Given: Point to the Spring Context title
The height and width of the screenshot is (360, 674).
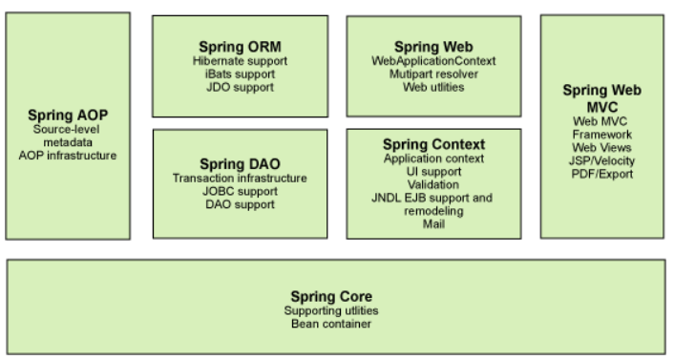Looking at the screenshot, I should (x=433, y=144).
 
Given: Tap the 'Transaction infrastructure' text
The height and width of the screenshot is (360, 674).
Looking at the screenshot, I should (x=240, y=178).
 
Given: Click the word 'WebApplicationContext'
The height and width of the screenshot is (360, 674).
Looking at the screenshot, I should (x=433, y=60).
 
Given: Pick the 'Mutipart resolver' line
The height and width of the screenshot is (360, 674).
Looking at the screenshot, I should (x=433, y=74).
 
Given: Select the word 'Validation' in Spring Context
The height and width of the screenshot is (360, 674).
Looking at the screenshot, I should (x=433, y=184).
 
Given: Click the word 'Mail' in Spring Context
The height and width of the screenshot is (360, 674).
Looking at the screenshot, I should (x=433, y=224).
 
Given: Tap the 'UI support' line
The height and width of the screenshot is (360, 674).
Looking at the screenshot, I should (x=433, y=171).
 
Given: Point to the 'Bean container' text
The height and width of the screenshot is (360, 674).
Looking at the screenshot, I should (x=338, y=322).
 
